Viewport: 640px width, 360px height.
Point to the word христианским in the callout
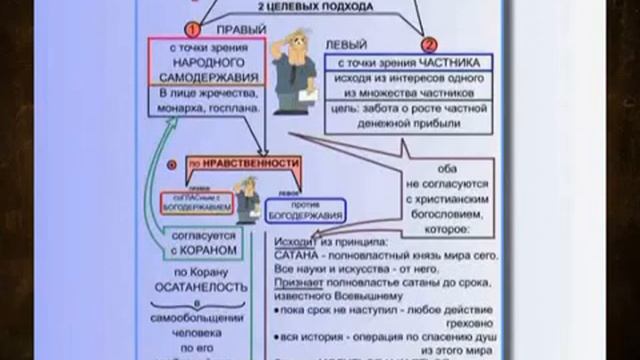point(437,201)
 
